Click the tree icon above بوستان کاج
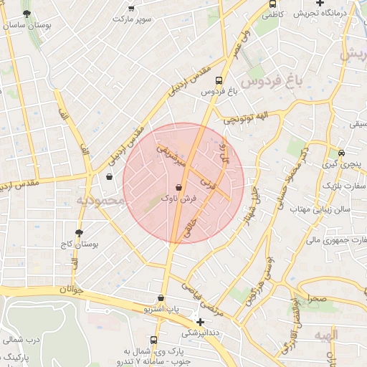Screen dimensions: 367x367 79,232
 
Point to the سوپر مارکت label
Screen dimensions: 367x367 131,18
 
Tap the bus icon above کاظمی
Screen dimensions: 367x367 272,4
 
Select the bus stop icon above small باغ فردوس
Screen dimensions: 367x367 219,81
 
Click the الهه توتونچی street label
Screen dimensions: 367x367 244,117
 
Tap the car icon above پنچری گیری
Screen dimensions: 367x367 341,153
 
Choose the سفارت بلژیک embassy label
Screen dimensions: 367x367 340,186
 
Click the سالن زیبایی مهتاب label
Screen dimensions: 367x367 319,209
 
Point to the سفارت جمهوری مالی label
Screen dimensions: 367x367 335,240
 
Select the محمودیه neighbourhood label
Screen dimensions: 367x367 101,201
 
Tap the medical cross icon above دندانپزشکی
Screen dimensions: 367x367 200,322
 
